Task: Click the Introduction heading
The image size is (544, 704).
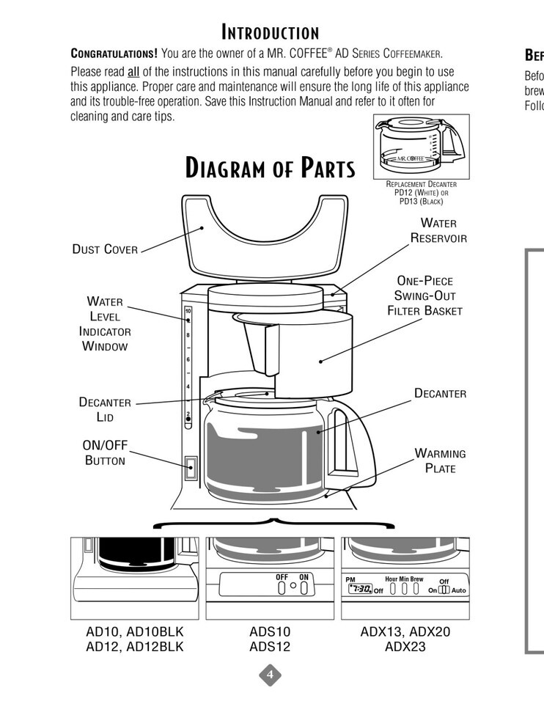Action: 271,32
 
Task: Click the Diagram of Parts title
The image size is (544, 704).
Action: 270,168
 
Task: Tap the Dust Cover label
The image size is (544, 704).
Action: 105,249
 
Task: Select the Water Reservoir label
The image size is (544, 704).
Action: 438,230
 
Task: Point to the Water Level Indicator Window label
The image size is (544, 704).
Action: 105,323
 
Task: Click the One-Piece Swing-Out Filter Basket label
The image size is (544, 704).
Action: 424,296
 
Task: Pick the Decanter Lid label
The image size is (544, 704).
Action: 105,409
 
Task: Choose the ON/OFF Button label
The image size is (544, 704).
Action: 105,452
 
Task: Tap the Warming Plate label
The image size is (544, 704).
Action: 440,461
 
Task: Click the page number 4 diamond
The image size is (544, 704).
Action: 270,675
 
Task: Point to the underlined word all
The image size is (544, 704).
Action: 133,72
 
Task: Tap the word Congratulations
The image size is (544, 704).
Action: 114,54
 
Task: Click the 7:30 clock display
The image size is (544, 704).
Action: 359,588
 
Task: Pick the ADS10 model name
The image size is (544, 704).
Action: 270,631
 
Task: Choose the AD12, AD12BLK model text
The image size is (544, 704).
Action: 135,647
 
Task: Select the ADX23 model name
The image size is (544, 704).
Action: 405,647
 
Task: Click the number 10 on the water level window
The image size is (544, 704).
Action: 188,311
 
